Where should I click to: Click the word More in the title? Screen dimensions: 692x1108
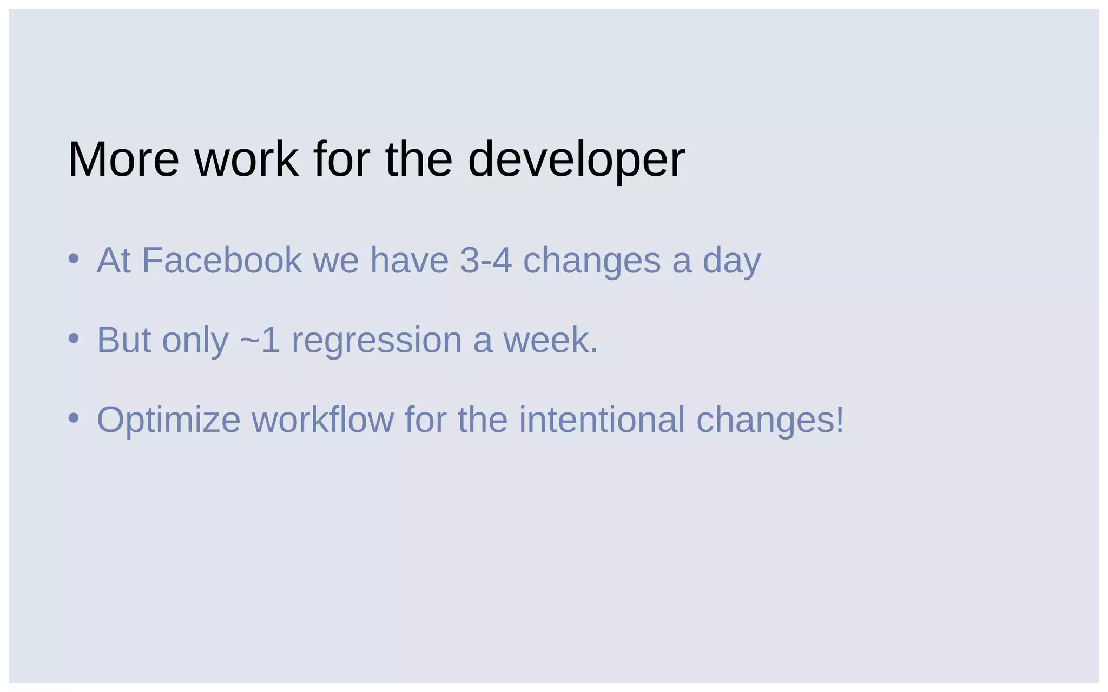pyautogui.click(x=123, y=159)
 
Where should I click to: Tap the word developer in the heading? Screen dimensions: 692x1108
pyautogui.click(x=576, y=161)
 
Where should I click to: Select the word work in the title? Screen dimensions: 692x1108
pyautogui.click(x=246, y=159)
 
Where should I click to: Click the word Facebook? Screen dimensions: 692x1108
pyautogui.click(x=222, y=260)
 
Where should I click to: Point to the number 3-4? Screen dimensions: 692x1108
pyautogui.click(x=485, y=260)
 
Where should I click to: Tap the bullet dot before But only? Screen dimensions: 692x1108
pyautogui.click(x=74, y=339)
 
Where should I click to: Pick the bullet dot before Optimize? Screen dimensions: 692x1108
pyautogui.click(x=74, y=418)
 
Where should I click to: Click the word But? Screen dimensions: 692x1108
pyautogui.click(x=123, y=340)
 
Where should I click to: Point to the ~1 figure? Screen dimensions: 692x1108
pyautogui.click(x=260, y=340)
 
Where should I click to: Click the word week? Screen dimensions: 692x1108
pyautogui.click(x=550, y=340)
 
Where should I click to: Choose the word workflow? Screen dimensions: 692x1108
pyautogui.click(x=322, y=420)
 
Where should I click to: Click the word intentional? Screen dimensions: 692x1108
pyautogui.click(x=602, y=420)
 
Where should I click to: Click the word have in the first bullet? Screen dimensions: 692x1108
pyautogui.click(x=409, y=260)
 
